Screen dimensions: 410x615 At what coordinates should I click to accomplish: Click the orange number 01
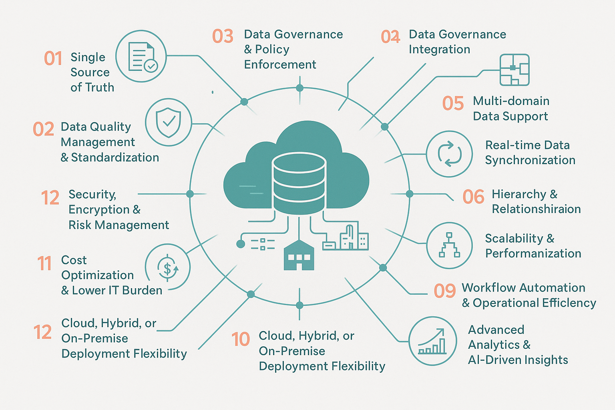pyautogui.click(x=53, y=58)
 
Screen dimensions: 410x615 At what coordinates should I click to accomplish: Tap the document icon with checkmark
pyautogui.click(x=141, y=56)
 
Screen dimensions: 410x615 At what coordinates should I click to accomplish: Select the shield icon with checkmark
pyautogui.click(x=169, y=122)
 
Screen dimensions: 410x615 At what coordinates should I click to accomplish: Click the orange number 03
pyautogui.click(x=223, y=36)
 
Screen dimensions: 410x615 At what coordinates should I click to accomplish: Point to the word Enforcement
pyautogui.click(x=280, y=64)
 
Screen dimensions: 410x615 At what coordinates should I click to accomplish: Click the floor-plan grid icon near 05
pyautogui.click(x=515, y=70)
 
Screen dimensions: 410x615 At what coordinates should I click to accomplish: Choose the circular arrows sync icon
pyautogui.click(x=449, y=154)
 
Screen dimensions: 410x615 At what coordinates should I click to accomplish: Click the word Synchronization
pyautogui.click(x=530, y=160)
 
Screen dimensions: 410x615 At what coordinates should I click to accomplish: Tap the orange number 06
pyautogui.click(x=473, y=197)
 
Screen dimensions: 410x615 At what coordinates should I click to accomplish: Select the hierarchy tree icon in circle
pyautogui.click(x=449, y=245)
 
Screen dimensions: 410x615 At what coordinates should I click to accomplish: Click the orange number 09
pyautogui.click(x=444, y=291)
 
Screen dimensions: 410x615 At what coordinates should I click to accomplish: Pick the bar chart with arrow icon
pyautogui.click(x=432, y=341)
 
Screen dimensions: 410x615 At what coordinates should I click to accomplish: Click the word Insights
pyautogui.click(x=546, y=360)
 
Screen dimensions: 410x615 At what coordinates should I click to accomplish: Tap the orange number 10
pyautogui.click(x=241, y=340)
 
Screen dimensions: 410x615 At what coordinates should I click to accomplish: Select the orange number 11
pyautogui.click(x=44, y=263)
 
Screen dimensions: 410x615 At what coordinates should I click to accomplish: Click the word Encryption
pyautogui.click(x=99, y=210)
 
